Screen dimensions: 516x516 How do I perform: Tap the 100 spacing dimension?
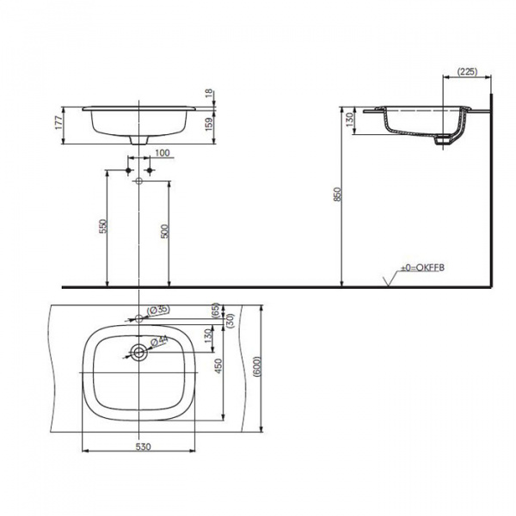pyautogui.click(x=163, y=153)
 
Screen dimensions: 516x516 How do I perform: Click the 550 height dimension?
pyautogui.click(x=101, y=227)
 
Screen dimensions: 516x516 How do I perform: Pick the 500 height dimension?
pyautogui.click(x=164, y=230)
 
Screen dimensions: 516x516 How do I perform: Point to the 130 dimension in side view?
pyautogui.click(x=350, y=120)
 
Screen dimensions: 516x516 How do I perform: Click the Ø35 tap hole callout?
pyautogui.click(x=158, y=310)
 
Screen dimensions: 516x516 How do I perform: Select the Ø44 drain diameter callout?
pyautogui.click(x=161, y=341)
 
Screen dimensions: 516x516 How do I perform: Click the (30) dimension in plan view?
pyautogui.click(x=230, y=317)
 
